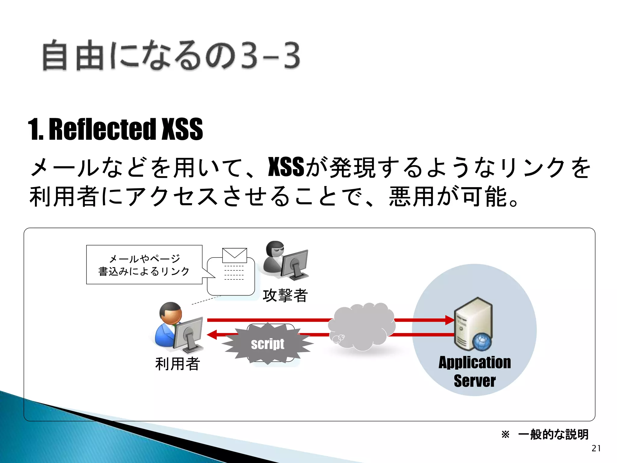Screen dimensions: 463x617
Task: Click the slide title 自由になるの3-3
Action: click(171, 56)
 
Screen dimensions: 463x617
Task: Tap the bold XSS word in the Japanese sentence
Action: click(286, 167)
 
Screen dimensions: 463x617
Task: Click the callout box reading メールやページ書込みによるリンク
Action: click(144, 265)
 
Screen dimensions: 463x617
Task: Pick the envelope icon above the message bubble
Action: click(234, 255)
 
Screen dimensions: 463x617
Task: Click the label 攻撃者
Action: click(285, 295)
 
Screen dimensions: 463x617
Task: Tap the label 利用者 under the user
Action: click(177, 364)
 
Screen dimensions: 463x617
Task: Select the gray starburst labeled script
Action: click(268, 344)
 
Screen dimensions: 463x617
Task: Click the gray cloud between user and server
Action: click(362, 327)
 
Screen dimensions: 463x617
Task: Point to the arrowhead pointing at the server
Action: click(449, 320)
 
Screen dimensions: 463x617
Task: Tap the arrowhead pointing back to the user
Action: click(212, 335)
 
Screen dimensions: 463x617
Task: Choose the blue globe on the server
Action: click(482, 342)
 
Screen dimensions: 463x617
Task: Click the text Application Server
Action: click(474, 371)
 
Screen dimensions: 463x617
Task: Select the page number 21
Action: click(596, 448)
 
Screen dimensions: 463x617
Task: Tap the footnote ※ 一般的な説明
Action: click(545, 434)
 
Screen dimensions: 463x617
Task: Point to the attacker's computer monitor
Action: click(294, 262)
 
